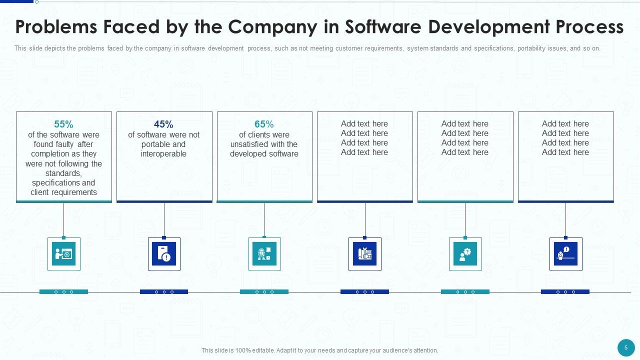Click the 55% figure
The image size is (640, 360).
coord(63,124)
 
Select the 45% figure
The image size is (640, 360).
coord(163,124)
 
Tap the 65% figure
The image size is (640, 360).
coord(264,124)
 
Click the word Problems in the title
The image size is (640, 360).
coord(56,27)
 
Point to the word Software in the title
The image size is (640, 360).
coord(383,27)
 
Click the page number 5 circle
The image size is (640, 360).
coord(626,347)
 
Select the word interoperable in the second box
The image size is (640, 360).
coord(163,153)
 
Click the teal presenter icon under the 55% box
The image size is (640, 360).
coord(63,253)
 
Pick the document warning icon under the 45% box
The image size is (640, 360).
coord(164,253)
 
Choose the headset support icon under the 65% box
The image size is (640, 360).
coord(264,253)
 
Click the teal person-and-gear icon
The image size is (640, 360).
coord(465,253)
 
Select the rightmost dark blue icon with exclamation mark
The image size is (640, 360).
coord(565,253)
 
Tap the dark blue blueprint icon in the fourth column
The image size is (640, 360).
coord(365,253)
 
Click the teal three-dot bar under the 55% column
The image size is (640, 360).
coord(63,291)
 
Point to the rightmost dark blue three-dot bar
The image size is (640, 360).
coord(565,291)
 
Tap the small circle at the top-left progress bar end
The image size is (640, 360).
coord(36,1)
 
